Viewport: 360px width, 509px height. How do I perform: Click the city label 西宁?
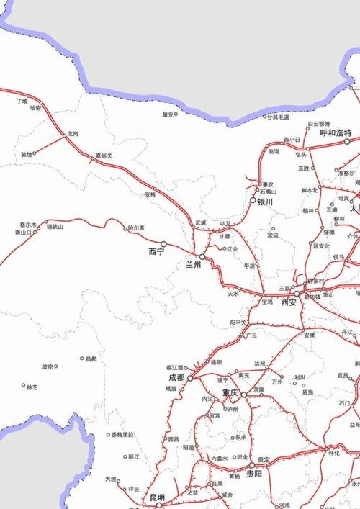point(156,251)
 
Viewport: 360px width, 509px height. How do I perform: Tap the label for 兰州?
point(194,264)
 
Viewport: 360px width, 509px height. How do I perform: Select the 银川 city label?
point(265,202)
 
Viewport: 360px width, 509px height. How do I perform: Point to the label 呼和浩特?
point(336,133)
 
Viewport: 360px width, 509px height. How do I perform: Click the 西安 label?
point(289,303)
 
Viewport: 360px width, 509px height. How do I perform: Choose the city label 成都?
point(176,377)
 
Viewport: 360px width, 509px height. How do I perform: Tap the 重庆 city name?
point(230,393)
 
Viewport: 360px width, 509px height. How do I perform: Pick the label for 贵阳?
point(254,474)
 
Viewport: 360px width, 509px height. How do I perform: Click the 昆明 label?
point(157,497)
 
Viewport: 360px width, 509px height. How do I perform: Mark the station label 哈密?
point(36,107)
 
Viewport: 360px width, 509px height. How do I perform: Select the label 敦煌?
point(27,154)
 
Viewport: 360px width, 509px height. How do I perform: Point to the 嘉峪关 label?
point(104,156)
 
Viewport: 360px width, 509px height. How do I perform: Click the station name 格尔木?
point(28,224)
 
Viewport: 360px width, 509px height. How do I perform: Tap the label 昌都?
point(90,359)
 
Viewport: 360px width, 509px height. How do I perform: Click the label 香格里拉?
point(123,435)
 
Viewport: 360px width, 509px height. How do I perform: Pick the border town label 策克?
point(168,114)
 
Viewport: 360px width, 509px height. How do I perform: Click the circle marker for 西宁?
point(163,244)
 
